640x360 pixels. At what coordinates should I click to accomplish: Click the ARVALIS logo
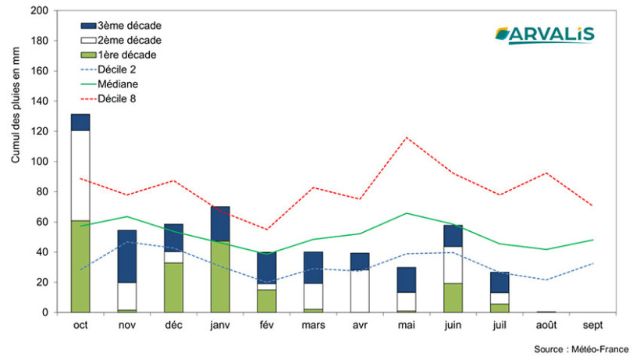point(544,34)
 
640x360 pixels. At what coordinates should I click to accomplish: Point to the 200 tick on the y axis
point(38,11)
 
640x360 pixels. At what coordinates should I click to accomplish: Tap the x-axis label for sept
point(592,326)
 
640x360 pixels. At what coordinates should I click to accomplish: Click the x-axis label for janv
point(220,326)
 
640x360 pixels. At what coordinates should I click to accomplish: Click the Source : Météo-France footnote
point(581,349)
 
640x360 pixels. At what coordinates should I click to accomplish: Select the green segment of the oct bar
point(80,266)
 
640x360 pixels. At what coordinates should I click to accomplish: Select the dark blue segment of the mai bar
point(406,280)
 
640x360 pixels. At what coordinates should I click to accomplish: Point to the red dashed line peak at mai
point(406,137)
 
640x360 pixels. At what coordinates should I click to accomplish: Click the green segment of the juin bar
point(453,298)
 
